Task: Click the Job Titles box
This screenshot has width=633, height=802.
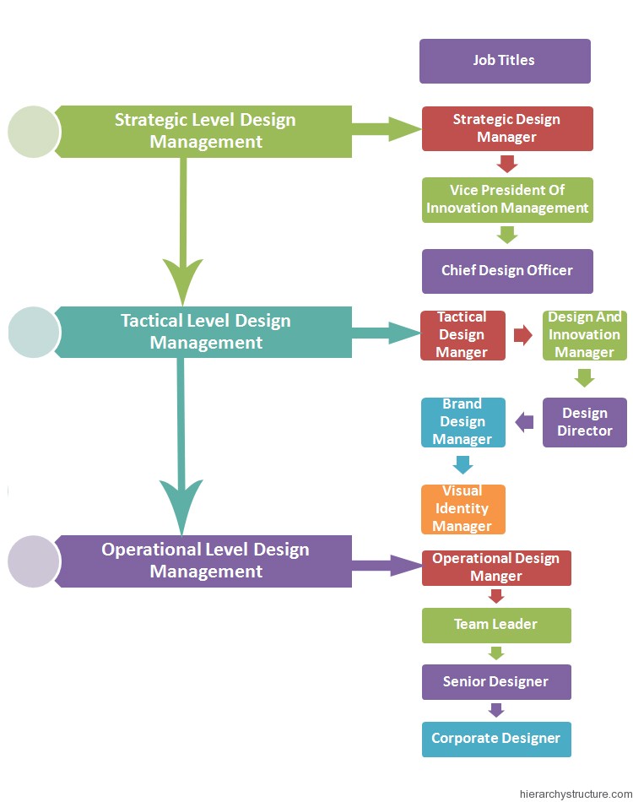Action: point(505,61)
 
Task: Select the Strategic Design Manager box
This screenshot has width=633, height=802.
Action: point(507,128)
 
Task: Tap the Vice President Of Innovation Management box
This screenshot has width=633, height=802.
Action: point(507,199)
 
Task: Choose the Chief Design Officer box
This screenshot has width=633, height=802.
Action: point(507,271)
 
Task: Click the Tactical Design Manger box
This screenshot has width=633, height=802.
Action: point(463,335)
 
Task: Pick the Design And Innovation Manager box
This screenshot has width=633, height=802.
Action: point(584,335)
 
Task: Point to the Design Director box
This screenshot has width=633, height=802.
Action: point(584,422)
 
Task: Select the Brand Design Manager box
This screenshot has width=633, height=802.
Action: point(463,422)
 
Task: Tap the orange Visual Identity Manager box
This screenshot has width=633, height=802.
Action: point(463,509)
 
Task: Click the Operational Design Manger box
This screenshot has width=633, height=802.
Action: point(496,568)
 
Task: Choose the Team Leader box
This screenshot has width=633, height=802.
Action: point(496,625)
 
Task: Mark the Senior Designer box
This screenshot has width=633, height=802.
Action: point(496,682)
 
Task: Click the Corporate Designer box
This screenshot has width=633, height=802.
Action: point(496,739)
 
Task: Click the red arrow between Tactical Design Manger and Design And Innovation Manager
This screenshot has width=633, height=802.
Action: point(523,335)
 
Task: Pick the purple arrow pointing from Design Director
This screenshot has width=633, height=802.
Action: point(524,422)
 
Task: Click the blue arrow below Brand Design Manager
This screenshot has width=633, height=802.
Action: point(463,465)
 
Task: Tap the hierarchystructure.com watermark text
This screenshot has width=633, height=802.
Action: point(576,794)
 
